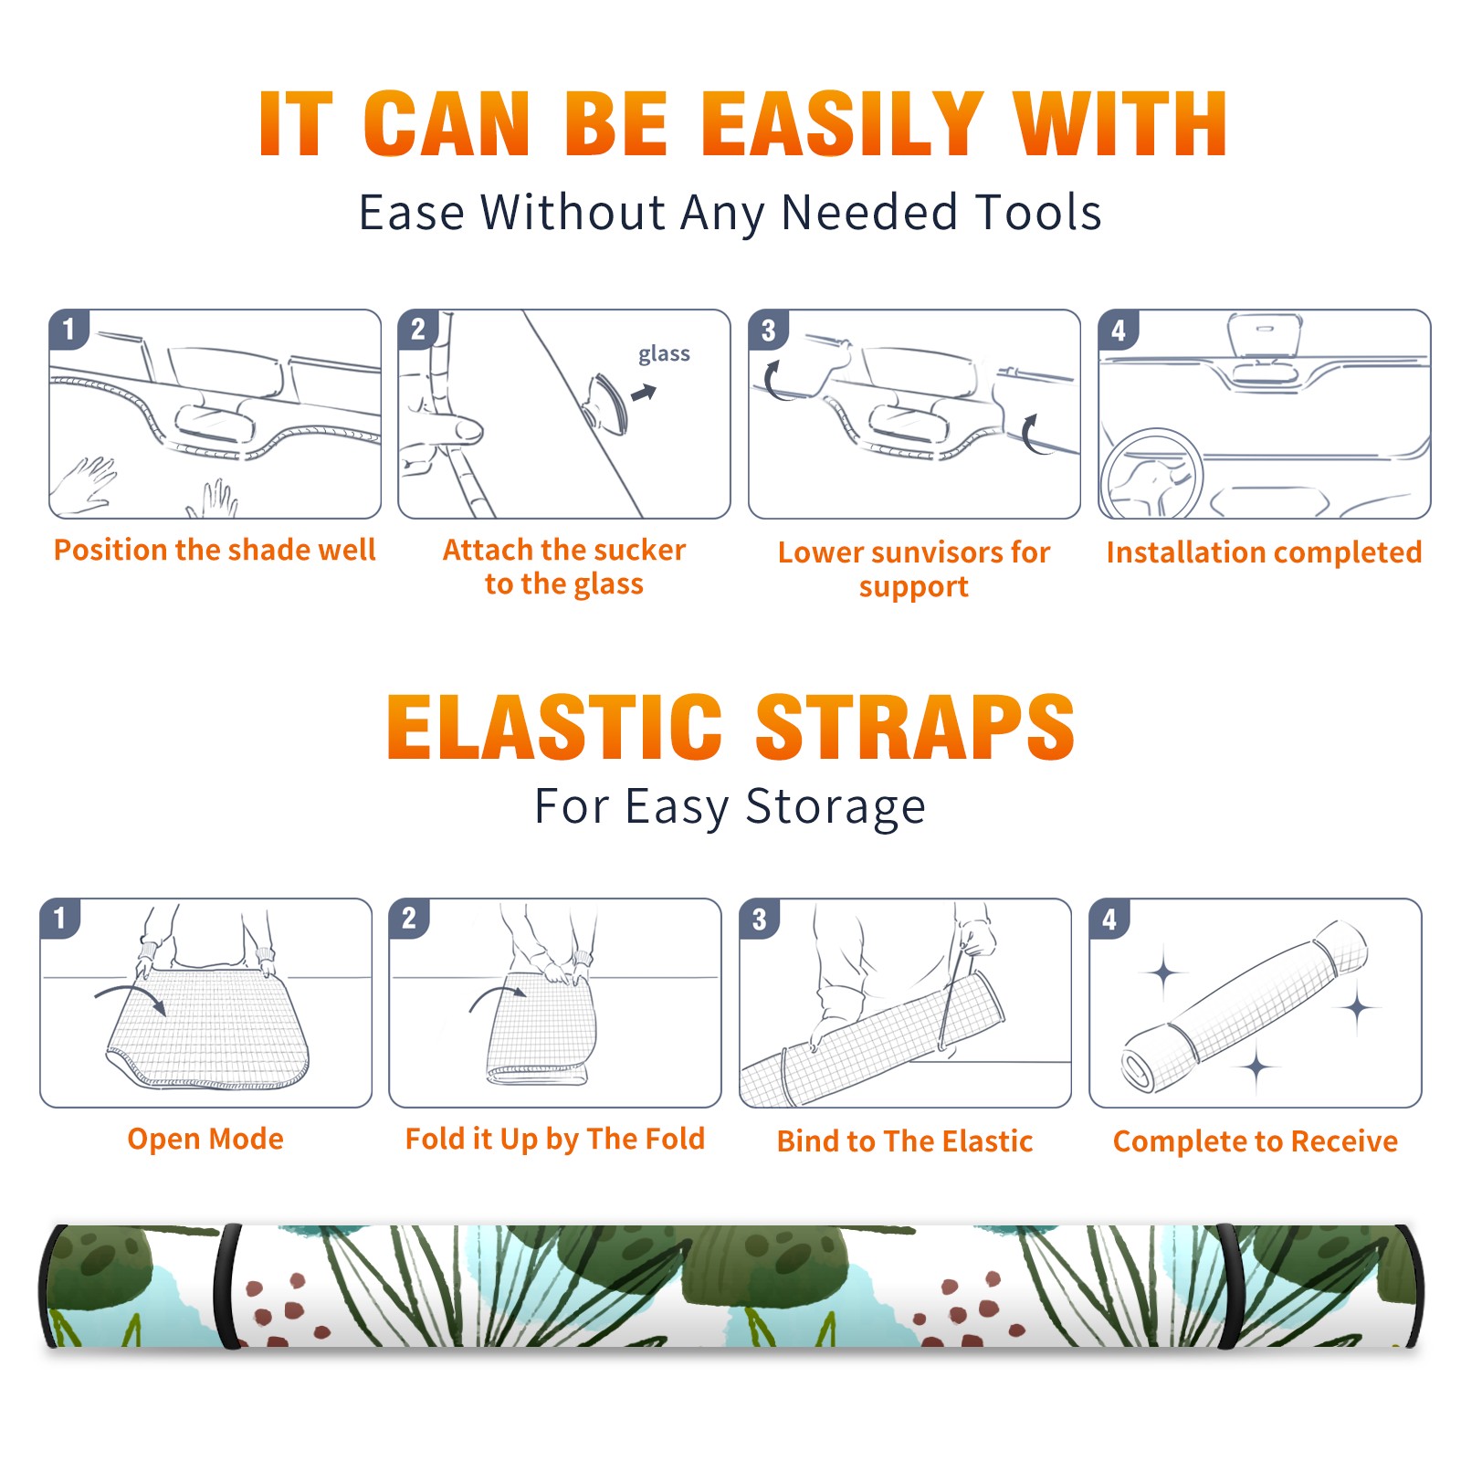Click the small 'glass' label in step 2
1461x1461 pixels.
(664, 354)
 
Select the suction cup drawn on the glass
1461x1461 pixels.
(607, 403)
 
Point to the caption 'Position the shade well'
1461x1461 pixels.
(215, 550)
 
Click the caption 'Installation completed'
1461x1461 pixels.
(1264, 552)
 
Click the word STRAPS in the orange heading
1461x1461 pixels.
(915, 727)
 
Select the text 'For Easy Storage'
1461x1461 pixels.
(730, 806)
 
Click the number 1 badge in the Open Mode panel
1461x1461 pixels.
(60, 918)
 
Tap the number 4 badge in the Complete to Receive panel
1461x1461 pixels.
(1109, 919)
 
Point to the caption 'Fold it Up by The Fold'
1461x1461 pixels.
(555, 1139)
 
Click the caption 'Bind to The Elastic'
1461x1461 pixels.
(905, 1141)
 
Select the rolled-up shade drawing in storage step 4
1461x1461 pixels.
(1244, 1007)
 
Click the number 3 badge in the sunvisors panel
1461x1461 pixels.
(768, 330)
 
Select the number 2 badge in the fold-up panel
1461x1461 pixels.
(409, 918)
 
